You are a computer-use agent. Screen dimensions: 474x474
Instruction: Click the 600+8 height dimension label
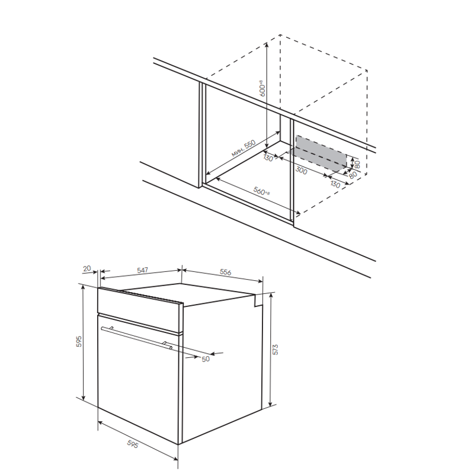(262, 88)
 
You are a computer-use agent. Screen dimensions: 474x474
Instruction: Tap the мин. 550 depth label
(244, 148)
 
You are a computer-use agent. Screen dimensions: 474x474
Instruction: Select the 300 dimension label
(301, 171)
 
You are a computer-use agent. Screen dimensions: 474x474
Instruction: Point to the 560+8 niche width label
(261, 191)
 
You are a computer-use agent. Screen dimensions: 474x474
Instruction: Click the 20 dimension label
(87, 268)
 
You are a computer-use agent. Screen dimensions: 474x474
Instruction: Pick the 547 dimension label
(142, 270)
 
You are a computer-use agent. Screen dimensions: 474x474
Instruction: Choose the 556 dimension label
(226, 272)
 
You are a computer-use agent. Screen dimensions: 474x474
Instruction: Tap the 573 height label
(275, 349)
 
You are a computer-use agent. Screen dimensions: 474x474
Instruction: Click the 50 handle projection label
(206, 359)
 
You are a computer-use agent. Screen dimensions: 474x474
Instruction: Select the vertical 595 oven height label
(79, 341)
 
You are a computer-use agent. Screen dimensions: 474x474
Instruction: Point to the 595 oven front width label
(132, 444)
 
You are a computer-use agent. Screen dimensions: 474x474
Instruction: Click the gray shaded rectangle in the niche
(321, 153)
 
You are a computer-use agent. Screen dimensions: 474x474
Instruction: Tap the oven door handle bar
(137, 338)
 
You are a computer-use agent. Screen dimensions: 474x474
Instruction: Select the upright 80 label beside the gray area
(357, 165)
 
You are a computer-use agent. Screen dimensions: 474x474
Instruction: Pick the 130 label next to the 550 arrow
(268, 158)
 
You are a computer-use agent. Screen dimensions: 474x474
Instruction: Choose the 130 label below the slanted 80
(335, 184)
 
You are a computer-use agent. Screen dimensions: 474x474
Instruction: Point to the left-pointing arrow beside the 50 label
(217, 353)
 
